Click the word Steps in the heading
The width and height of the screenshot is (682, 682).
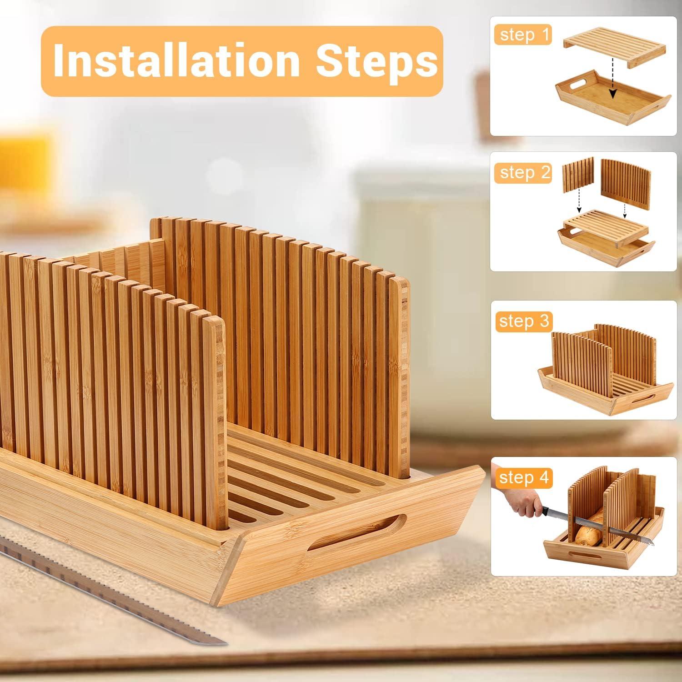[376, 60]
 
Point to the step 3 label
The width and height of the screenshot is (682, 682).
[524, 321]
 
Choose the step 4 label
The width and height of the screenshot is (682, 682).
[524, 478]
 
